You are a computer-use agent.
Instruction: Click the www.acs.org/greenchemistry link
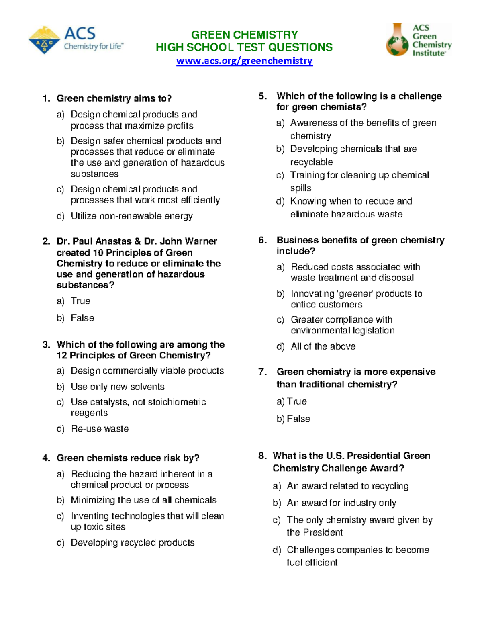coord(244,61)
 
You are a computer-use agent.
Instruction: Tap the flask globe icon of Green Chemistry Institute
coord(397,40)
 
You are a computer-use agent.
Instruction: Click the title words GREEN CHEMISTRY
coord(244,35)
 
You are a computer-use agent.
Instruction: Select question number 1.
coord(46,98)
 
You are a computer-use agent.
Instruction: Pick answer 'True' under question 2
coord(80,301)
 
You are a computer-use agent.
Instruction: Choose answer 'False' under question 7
coord(298,419)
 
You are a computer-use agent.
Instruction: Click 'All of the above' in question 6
coord(323,346)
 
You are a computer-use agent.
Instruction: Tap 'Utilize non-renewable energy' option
coord(132,216)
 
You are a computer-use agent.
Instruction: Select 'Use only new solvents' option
coord(117,387)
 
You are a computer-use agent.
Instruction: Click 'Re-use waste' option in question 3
coord(100,429)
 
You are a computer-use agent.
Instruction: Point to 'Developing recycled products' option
coord(133,543)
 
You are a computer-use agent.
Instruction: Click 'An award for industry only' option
coord(341,503)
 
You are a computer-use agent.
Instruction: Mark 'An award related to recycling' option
coord(347,486)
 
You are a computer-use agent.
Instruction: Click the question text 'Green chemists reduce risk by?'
coord(128,458)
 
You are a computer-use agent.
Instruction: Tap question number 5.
coord(263,96)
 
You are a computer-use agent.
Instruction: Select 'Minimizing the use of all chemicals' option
coord(143,500)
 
